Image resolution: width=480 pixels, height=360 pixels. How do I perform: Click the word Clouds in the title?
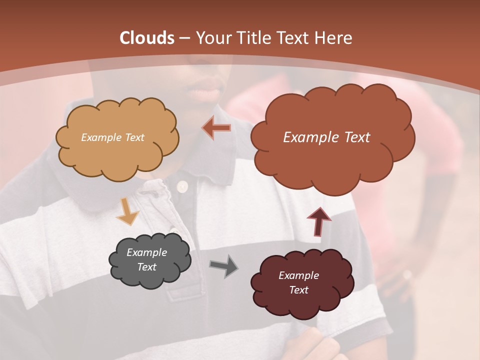[147, 38]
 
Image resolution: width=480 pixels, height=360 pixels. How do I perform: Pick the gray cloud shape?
[150, 260]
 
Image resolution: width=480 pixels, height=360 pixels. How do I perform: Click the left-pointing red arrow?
[216, 128]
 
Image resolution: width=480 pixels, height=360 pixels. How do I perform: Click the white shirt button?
[181, 186]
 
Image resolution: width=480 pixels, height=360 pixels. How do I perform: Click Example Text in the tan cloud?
[112, 137]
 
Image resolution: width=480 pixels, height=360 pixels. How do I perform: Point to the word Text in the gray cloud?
[147, 267]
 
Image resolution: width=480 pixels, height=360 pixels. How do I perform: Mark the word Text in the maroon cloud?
[298, 290]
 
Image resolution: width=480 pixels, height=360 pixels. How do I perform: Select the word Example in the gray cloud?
[147, 252]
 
